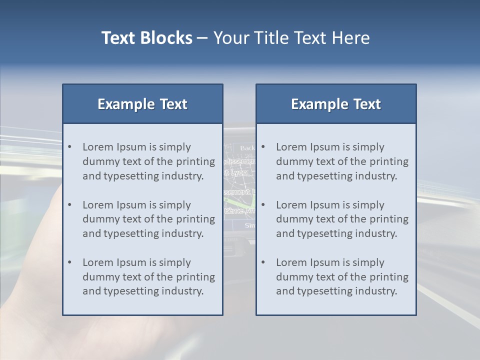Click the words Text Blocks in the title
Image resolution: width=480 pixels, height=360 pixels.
[146, 38]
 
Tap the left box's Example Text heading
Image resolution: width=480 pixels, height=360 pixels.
[142, 104]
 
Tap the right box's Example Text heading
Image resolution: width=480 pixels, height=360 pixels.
[336, 104]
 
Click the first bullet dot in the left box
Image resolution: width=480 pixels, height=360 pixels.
[70, 147]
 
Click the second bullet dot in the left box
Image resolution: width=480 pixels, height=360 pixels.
[70, 205]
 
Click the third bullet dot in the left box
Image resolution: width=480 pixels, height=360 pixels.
[70, 262]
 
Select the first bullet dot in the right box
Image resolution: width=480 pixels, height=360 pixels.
[263, 147]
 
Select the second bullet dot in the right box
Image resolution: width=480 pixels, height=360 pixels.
[263, 205]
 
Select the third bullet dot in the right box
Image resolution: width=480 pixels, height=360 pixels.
[263, 262]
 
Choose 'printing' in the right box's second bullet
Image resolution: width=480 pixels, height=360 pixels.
[389, 219]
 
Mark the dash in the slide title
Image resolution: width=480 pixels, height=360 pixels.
[202, 38]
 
